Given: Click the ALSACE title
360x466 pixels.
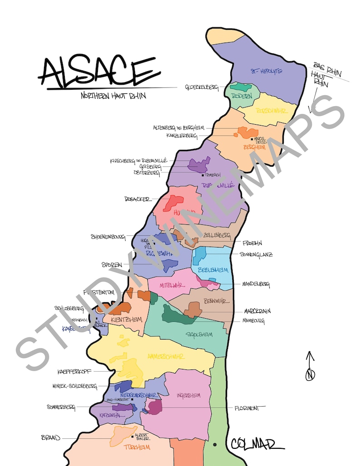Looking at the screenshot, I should [99, 72].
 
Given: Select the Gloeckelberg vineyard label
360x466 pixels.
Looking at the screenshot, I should [201, 87].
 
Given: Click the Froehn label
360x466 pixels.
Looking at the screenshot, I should [252, 243].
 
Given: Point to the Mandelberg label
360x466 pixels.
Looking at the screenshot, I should [256, 284].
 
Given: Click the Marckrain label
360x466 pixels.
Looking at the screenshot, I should [257, 312].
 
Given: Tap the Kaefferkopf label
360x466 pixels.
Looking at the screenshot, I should [74, 372].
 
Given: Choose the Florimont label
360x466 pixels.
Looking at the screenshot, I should [247, 408].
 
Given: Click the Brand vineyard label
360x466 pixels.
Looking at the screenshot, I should [50, 438].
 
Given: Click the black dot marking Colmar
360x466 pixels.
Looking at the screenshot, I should [214, 444].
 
